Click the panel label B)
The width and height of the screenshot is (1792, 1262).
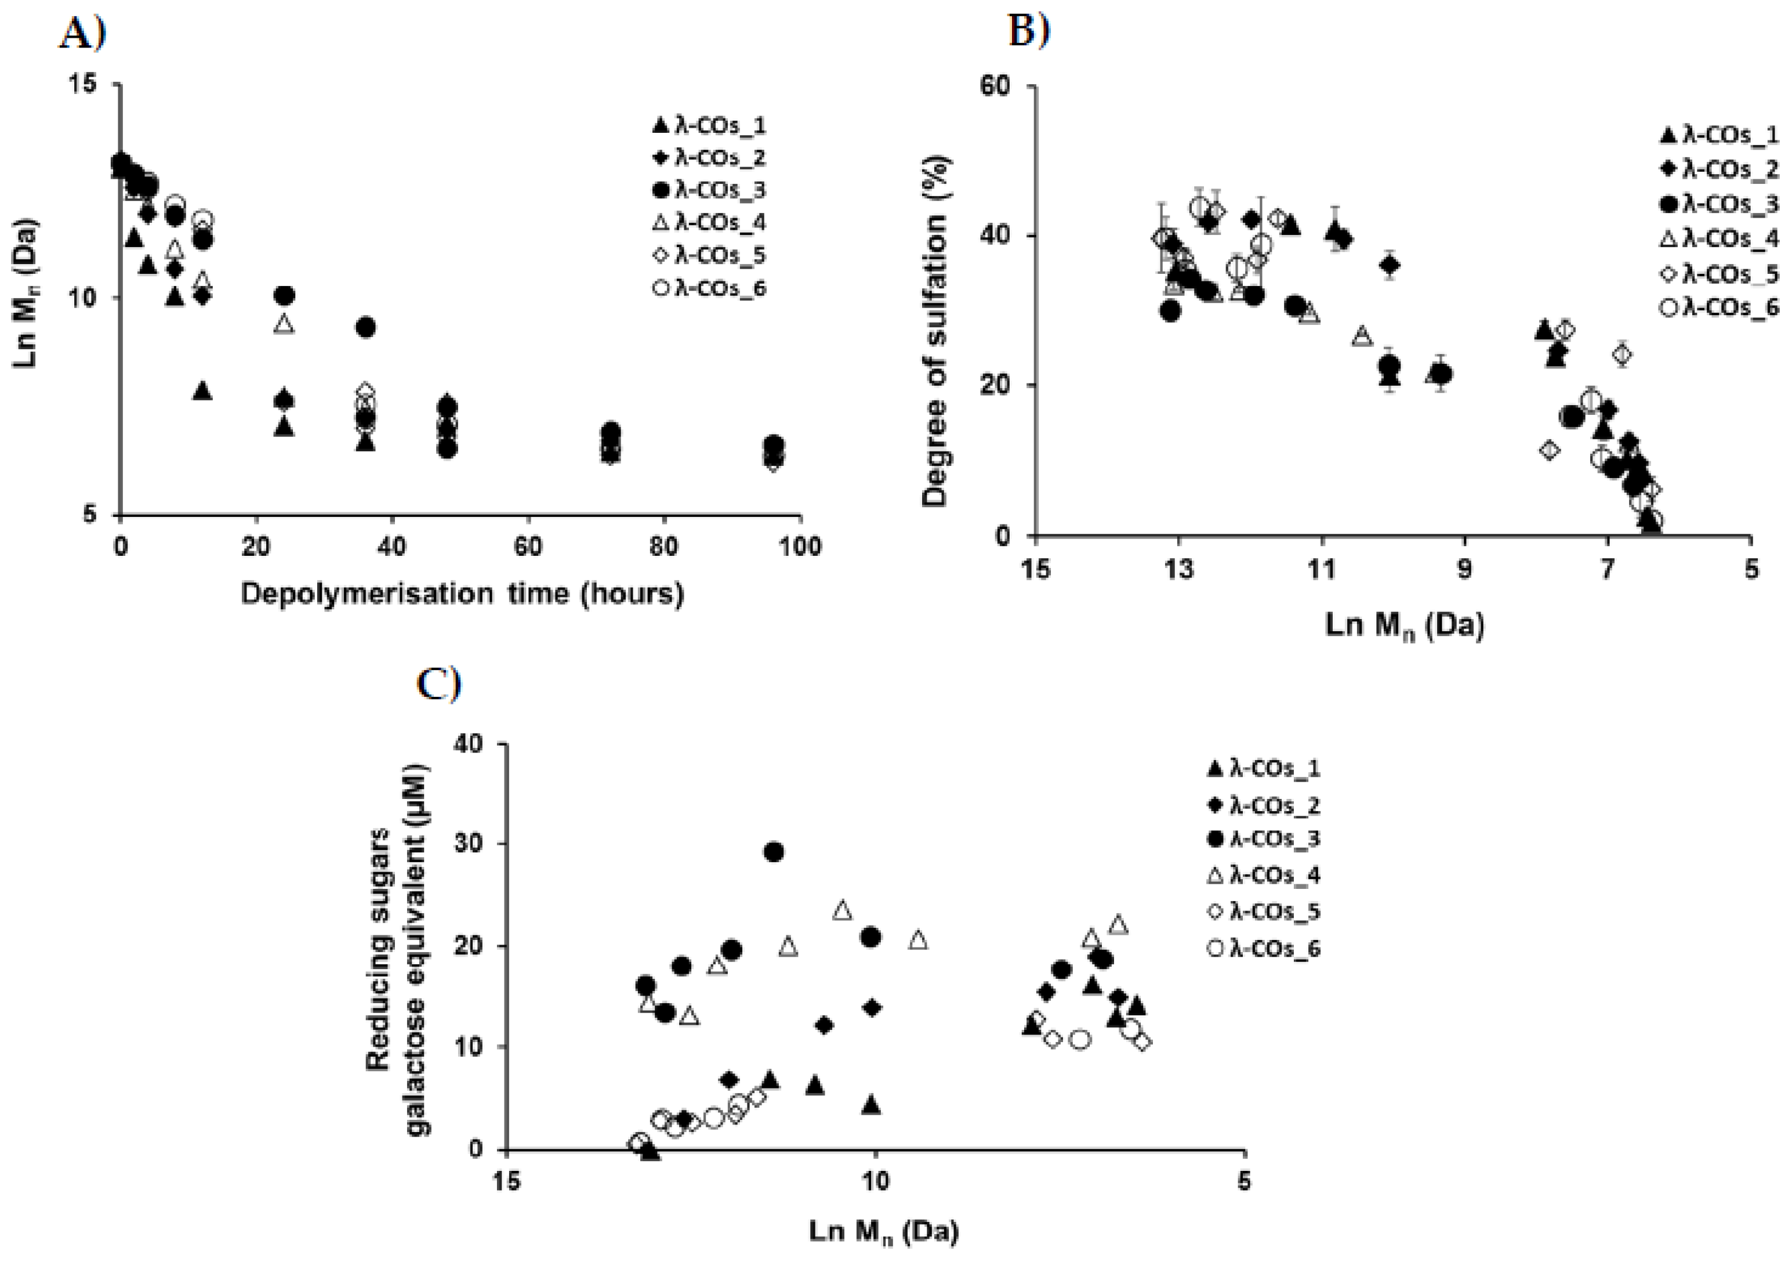(x=1029, y=31)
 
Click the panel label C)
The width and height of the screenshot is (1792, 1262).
(x=438, y=684)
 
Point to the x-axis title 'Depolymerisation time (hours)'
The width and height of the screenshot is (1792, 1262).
(x=462, y=594)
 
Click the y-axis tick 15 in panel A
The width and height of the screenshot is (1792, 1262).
(x=96, y=84)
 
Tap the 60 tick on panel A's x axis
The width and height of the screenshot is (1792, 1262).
(x=528, y=547)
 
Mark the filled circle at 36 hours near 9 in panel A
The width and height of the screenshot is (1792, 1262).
(x=364, y=327)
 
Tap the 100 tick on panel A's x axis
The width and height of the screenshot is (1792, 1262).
(x=800, y=547)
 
